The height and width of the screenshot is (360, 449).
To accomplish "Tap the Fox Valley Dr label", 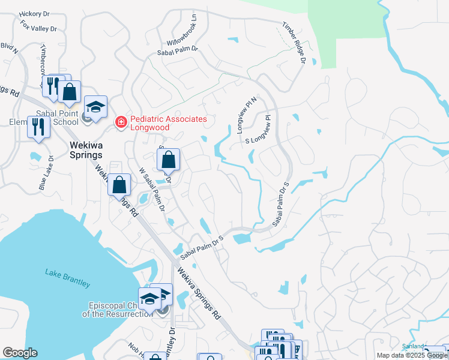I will click(38, 26).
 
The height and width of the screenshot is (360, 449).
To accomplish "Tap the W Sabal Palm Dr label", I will click(151, 188).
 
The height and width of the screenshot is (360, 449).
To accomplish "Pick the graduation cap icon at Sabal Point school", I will click(95, 107).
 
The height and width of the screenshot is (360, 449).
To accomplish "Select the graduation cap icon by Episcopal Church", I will click(149, 298).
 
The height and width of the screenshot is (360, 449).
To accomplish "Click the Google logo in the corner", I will click(20, 353).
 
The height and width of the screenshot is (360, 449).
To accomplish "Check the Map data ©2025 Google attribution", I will click(412, 355).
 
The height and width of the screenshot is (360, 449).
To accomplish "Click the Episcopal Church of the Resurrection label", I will click(118, 309).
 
